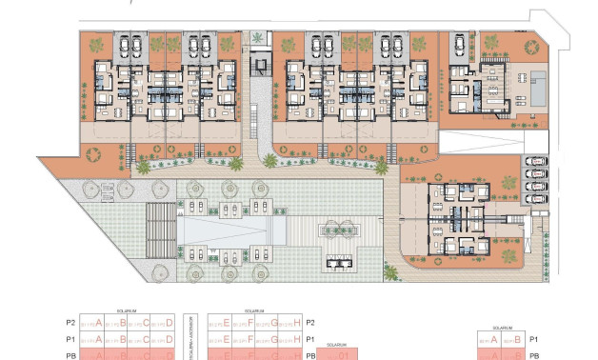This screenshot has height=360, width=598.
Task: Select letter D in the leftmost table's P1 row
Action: point(169,339)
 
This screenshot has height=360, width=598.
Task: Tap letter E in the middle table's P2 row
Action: point(226,323)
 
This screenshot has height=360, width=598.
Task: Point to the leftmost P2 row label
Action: point(69,323)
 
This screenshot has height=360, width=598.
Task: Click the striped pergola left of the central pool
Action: point(162,229)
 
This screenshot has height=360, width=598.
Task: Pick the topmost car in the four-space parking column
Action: point(536,162)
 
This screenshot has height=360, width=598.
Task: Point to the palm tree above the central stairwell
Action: point(258,38)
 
